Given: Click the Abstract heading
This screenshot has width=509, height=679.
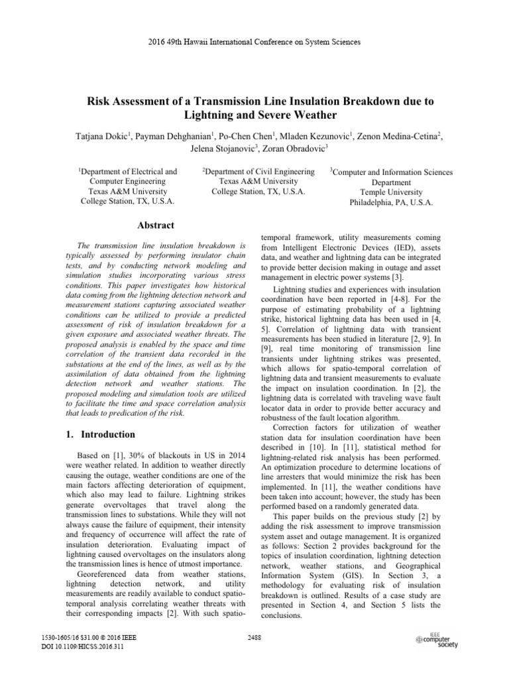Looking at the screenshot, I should [156, 225].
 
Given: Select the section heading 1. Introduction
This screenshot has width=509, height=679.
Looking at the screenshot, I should [107, 434].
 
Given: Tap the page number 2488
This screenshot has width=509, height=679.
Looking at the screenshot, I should [254, 639].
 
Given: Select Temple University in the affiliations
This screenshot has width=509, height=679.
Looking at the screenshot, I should [391, 192].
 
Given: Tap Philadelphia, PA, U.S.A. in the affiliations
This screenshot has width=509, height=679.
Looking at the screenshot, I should [391, 203].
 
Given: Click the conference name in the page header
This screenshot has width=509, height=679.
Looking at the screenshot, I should [254, 42].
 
